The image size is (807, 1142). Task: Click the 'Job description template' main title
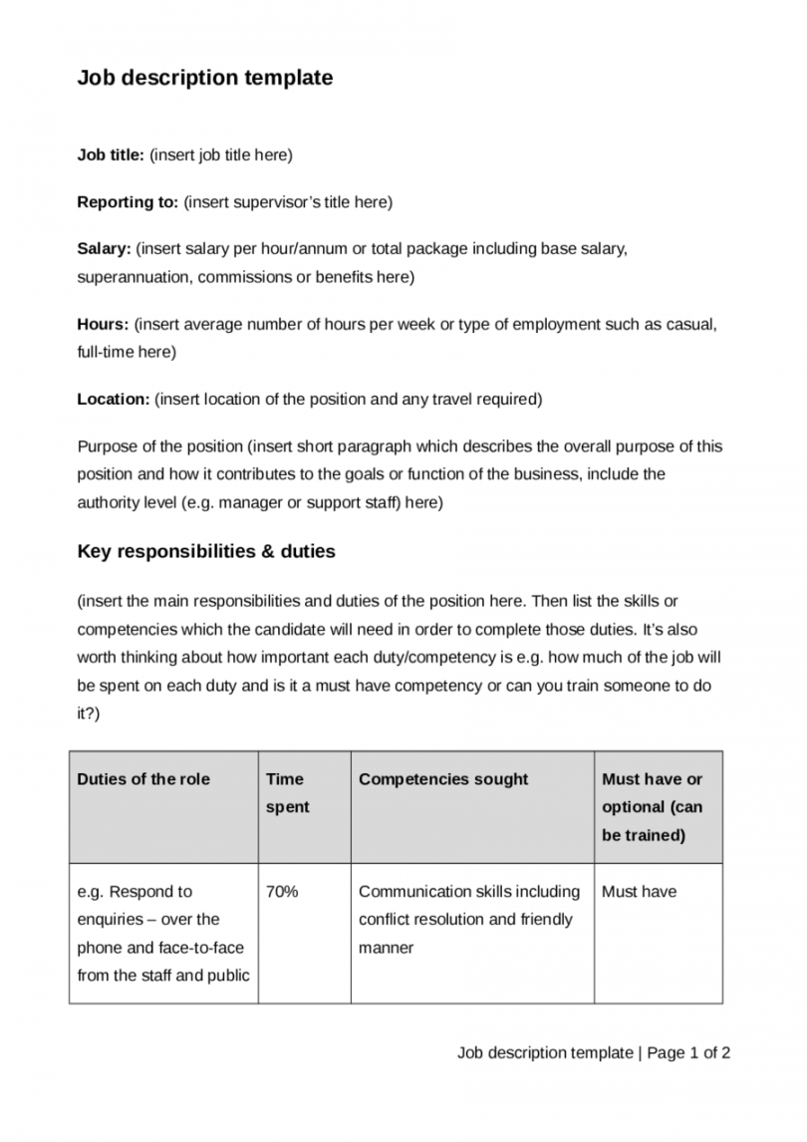pyautogui.click(x=205, y=78)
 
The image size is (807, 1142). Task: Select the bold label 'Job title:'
pyautogui.click(x=112, y=154)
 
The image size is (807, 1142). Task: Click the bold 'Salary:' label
pyautogui.click(x=105, y=248)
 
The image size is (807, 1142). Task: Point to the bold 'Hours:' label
pyautogui.click(x=104, y=324)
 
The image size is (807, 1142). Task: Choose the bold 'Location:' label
pyautogui.click(x=114, y=400)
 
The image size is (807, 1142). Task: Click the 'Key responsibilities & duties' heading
pyautogui.click(x=206, y=551)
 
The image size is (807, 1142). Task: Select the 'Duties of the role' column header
pyautogui.click(x=143, y=779)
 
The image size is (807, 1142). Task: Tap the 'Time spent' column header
pyautogui.click(x=287, y=793)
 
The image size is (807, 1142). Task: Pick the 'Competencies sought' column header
pyautogui.click(x=443, y=779)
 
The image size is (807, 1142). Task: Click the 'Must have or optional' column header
pyautogui.click(x=652, y=807)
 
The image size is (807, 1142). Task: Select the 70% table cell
pyautogui.click(x=282, y=892)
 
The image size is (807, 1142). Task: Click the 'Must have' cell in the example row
pyautogui.click(x=639, y=892)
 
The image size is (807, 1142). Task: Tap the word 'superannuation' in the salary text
pyautogui.click(x=134, y=276)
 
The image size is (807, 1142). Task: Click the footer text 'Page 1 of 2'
pyautogui.click(x=689, y=1052)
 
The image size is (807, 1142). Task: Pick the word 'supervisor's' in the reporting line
pyautogui.click(x=278, y=202)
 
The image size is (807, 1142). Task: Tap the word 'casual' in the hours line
pyautogui.click(x=691, y=324)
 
